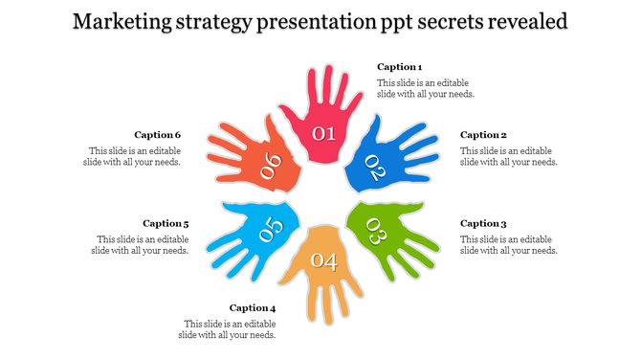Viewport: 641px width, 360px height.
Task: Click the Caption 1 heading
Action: (x=399, y=67)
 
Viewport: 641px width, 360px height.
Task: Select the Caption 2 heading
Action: (x=483, y=135)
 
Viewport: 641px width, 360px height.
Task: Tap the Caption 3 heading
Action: (x=483, y=223)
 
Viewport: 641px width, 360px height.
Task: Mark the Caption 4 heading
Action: (x=253, y=308)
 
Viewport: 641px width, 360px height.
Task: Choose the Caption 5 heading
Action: (x=166, y=223)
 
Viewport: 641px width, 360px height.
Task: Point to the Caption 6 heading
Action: (x=158, y=135)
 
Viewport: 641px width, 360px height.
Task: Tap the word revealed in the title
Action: (x=526, y=21)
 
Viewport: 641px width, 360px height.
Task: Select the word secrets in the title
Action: (x=436, y=21)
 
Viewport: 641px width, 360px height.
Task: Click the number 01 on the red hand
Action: (x=324, y=133)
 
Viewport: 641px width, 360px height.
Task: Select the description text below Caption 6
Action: (x=135, y=156)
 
